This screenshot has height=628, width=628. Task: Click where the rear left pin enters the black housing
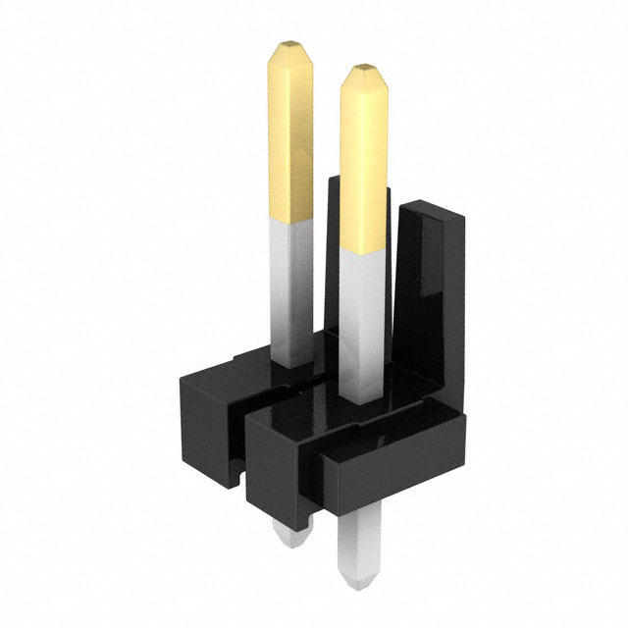[x=291, y=364]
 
